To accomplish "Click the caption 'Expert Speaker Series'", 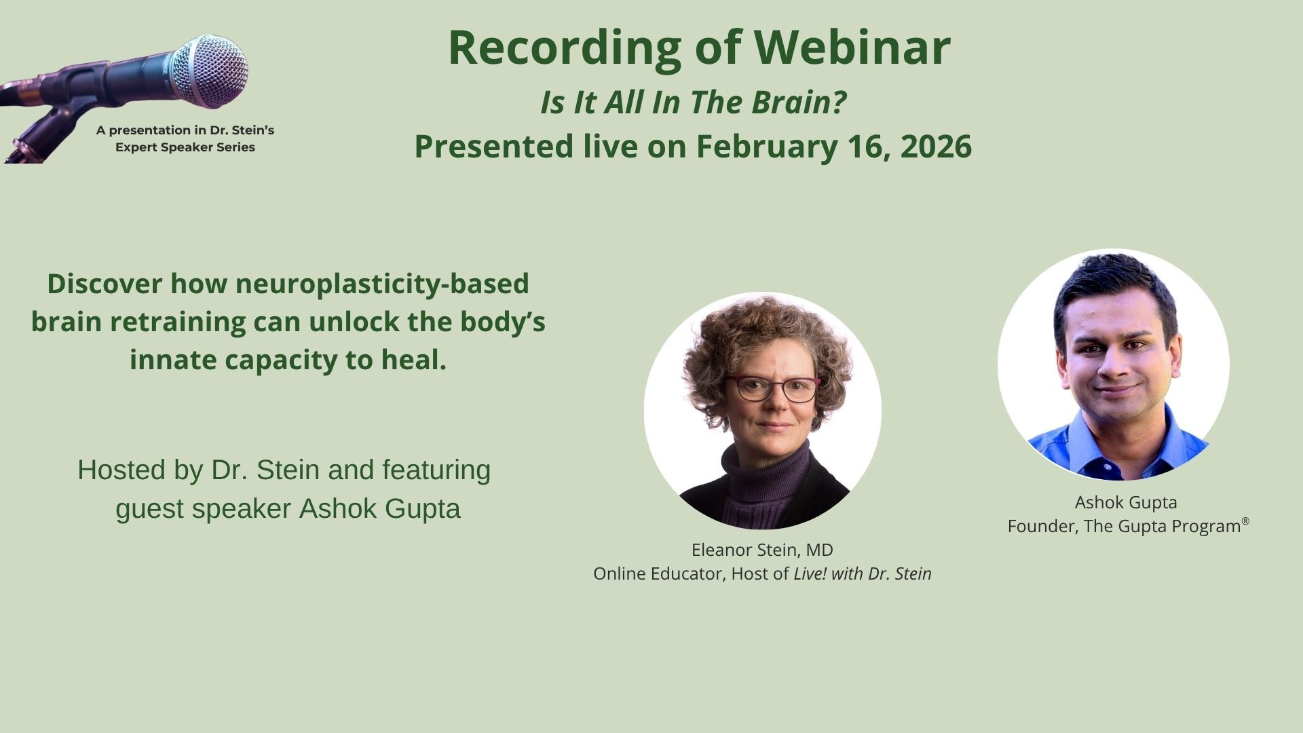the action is pyautogui.click(x=185, y=147).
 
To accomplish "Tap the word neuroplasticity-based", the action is pyautogui.click(x=382, y=284).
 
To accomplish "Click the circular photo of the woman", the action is pyautogui.click(x=763, y=411).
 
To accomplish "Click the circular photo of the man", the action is pyautogui.click(x=1114, y=364).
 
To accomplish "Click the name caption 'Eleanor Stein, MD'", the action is pyautogui.click(x=762, y=550).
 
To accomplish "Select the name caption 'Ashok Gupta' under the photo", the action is pyautogui.click(x=1126, y=502).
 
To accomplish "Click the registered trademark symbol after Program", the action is pyautogui.click(x=1245, y=521).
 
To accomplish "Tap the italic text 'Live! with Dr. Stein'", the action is pyautogui.click(x=863, y=574).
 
